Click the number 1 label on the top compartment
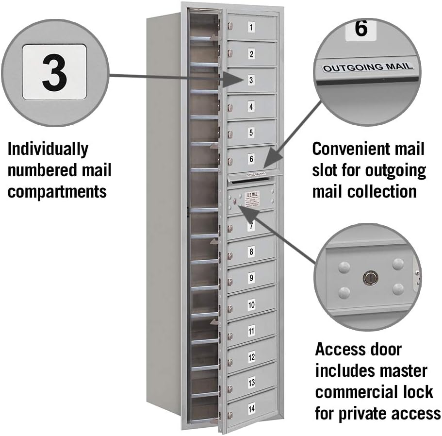coord(251,28)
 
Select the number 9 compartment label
coord(251,278)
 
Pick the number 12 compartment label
coord(251,357)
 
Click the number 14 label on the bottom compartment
coord(251,409)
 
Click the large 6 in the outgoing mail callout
coord(360,29)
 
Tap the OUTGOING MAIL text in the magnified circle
coord(368,67)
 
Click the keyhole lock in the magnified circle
coord(370,278)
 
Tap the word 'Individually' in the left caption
coord(48,149)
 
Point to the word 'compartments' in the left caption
coord(57,191)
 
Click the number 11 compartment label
coord(251,331)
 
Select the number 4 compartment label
coord(251,106)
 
